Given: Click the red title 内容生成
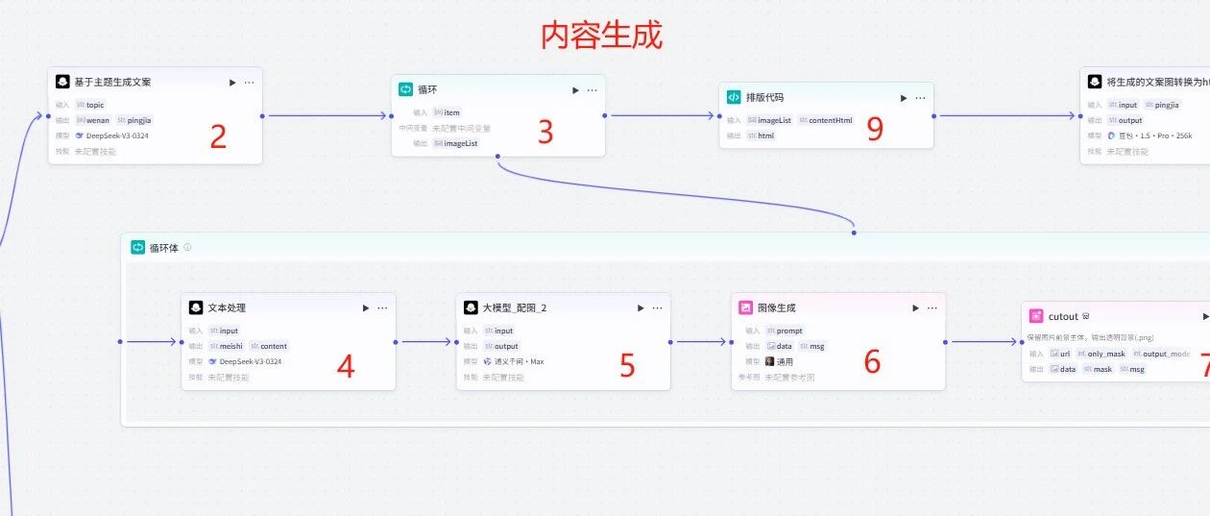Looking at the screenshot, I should [x=601, y=36].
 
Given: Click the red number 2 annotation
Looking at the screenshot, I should [x=218, y=137].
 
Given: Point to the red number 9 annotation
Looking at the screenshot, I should [x=874, y=130].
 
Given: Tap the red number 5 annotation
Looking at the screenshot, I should [x=627, y=365].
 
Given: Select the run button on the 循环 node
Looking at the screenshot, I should [x=575, y=90].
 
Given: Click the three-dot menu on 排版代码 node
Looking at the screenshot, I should [x=920, y=98].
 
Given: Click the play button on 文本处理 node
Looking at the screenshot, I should [x=366, y=308].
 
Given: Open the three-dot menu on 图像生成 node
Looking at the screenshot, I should [x=932, y=308].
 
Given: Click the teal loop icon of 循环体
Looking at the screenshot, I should [x=137, y=247].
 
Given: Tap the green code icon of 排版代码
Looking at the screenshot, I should [x=734, y=97].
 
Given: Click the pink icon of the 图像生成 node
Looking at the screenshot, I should [x=745, y=307].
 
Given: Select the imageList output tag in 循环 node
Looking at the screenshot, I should [x=456, y=143].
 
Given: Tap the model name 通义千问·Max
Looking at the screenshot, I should [x=519, y=361].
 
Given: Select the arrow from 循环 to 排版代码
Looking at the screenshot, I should [x=662, y=116].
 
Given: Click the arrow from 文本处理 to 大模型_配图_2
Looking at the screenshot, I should [x=425, y=341].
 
